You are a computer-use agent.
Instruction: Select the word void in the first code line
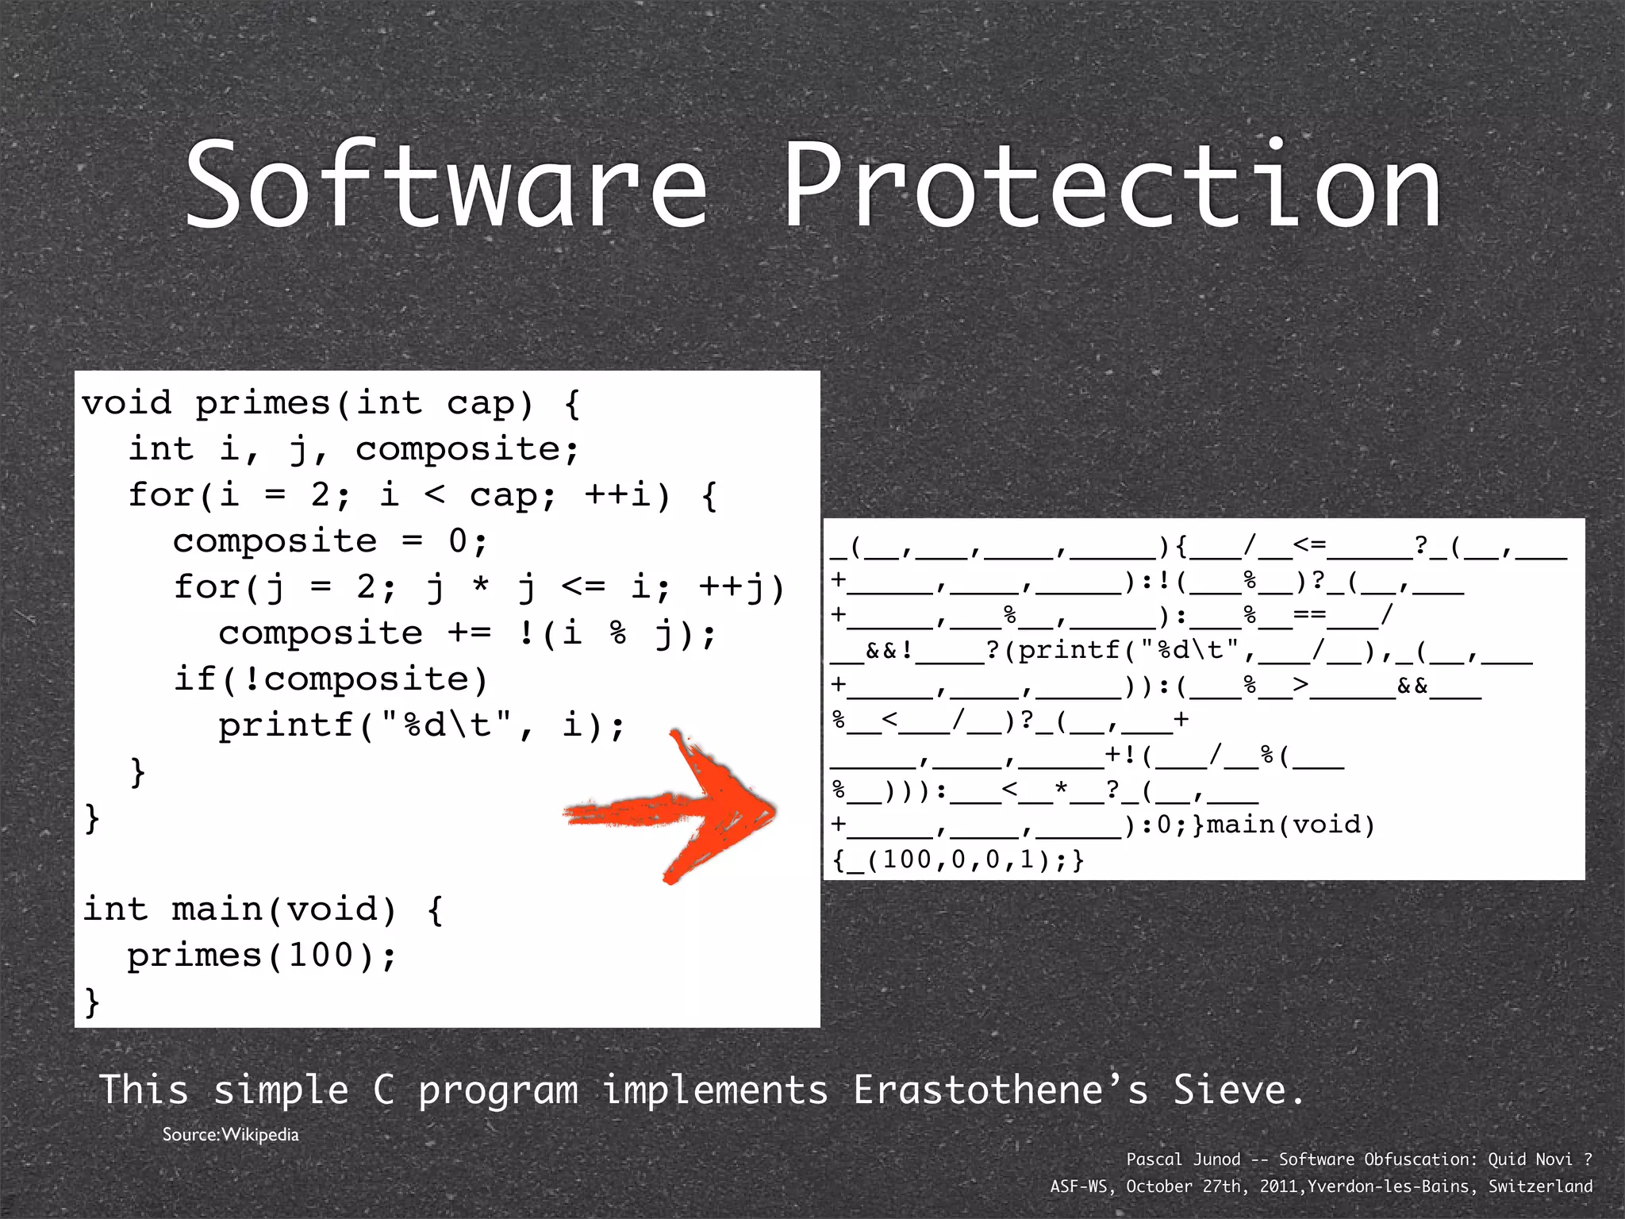coord(127,403)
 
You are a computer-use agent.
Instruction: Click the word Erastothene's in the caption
coord(1001,1090)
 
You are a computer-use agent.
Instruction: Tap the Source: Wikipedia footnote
coord(230,1135)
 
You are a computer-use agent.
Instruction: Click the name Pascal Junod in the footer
coord(1183,1159)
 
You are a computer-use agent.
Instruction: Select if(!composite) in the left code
coord(331,679)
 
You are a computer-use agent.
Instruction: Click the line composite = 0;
coord(330,541)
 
